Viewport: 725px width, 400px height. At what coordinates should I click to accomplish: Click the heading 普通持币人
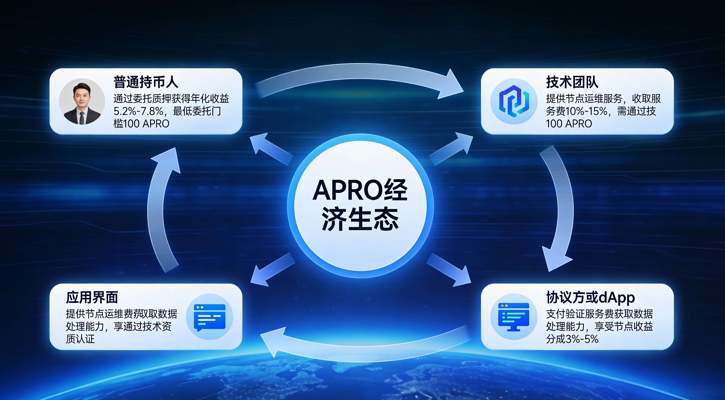tap(146, 82)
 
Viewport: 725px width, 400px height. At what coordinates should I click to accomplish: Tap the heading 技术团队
tap(572, 82)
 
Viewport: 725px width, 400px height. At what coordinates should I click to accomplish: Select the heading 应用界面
tap(92, 297)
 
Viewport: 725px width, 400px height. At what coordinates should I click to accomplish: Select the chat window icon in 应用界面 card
tap(210, 317)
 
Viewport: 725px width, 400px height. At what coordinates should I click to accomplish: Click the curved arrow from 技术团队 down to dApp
tap(556, 208)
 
